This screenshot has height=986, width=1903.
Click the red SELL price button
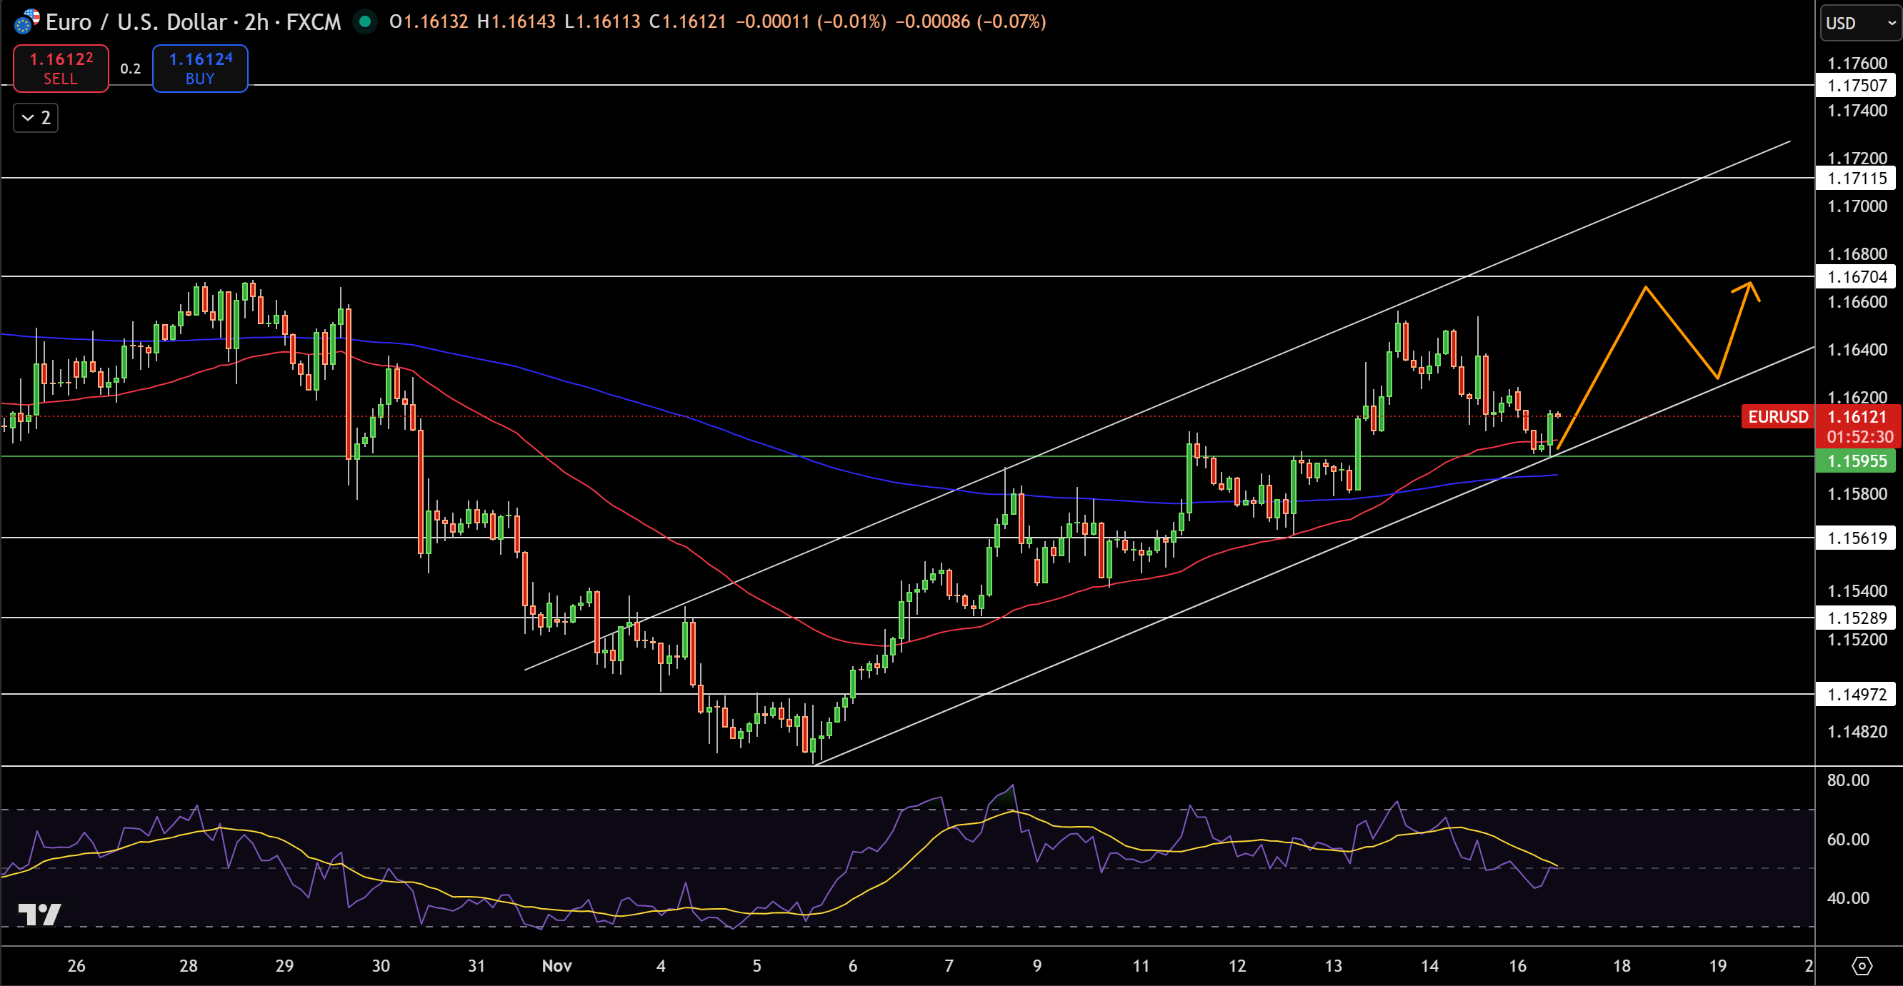click(61, 69)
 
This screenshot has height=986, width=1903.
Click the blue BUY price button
click(200, 69)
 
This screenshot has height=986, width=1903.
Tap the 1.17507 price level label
click(1856, 86)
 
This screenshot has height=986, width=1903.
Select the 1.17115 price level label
click(1856, 178)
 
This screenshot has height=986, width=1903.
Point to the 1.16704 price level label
click(1856, 277)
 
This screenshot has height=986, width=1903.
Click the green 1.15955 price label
click(1856, 462)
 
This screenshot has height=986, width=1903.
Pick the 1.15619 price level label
click(1856, 538)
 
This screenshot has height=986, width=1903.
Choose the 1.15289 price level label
click(1856, 618)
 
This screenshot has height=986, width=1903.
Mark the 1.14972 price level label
click(1856, 695)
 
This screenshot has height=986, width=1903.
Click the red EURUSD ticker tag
click(1777, 417)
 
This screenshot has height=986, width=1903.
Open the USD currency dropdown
click(1859, 23)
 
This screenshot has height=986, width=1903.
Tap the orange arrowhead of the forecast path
click(1750, 286)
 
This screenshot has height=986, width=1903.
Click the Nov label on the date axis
click(556, 966)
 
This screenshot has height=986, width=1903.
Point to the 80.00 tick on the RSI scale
click(1847, 780)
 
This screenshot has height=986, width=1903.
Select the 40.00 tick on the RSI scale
click(1847, 898)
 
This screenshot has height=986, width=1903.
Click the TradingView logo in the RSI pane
click(39, 915)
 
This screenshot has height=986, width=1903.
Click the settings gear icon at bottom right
click(1862, 966)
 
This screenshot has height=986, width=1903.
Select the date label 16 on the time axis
click(1517, 966)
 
